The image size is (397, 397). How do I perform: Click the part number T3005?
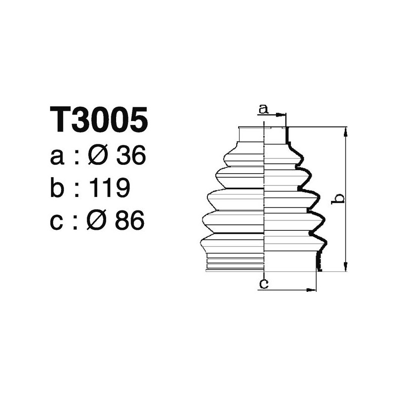pyautogui.click(x=99, y=120)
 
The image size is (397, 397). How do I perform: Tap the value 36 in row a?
pyautogui.click(x=130, y=157)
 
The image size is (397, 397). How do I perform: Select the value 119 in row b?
pyautogui.click(x=110, y=188)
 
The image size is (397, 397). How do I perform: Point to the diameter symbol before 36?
pyautogui.click(x=98, y=157)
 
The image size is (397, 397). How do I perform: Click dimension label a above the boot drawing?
pyautogui.click(x=264, y=108)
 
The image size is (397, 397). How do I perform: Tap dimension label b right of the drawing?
pyautogui.click(x=338, y=198)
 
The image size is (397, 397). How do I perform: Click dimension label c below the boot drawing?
pyautogui.click(x=264, y=284)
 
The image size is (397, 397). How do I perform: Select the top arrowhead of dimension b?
pyautogui.click(x=345, y=130)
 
